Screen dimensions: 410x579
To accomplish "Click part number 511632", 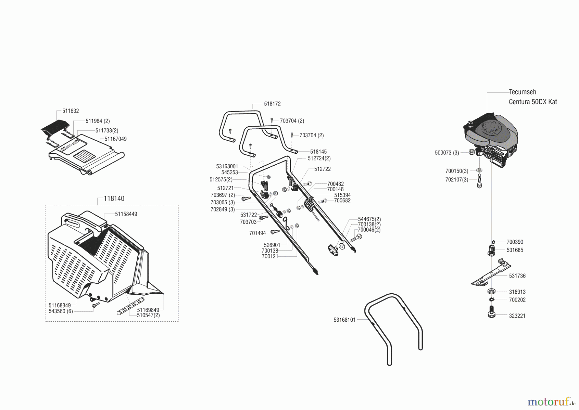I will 70,111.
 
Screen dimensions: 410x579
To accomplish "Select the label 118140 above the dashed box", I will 114,199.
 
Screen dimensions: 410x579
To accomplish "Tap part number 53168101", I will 345,320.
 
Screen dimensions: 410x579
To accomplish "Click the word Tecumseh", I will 522,92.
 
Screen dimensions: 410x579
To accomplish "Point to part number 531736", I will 517,276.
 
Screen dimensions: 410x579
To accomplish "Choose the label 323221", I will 517,316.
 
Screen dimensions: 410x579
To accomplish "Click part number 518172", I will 272,104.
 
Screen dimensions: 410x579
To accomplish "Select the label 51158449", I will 126,214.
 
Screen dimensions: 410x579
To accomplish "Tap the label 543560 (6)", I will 61,311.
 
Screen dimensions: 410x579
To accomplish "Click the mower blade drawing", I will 491,273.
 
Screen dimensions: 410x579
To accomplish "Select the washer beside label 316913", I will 491,291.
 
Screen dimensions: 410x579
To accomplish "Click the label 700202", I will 517,300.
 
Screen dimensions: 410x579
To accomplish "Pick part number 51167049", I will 115,139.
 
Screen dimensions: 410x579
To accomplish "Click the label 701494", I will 257,233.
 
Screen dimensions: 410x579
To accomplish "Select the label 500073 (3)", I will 447,153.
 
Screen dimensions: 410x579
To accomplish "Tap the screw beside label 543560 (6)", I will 95,305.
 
